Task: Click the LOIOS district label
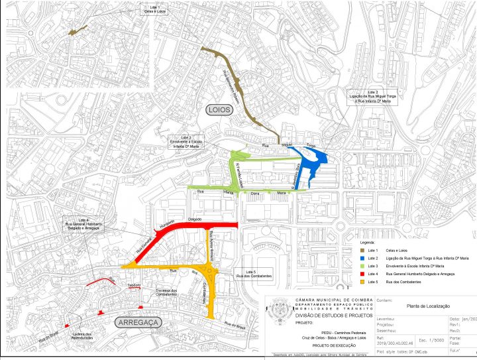pos(219,110)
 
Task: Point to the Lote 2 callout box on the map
pos(373,97)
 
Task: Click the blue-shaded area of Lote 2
pos(311,159)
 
